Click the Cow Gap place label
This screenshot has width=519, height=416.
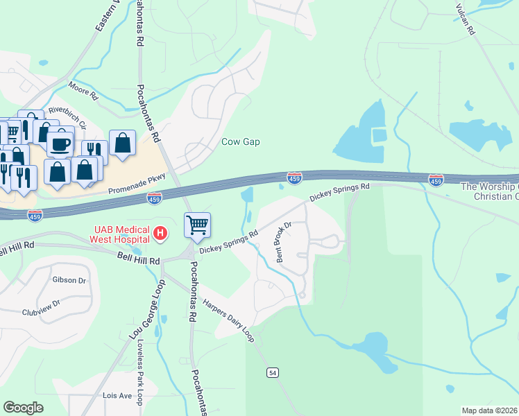(240, 142)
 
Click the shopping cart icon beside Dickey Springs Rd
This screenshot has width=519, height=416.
(198, 224)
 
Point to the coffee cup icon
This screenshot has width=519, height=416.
(60, 144)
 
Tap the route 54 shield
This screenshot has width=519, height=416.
(273, 373)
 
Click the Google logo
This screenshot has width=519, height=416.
(24, 408)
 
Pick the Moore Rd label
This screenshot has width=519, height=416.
(84, 91)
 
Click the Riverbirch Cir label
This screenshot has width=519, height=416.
(67, 117)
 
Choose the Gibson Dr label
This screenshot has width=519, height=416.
(69, 281)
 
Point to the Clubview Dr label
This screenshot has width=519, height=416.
(41, 307)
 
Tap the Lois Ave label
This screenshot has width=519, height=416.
(117, 396)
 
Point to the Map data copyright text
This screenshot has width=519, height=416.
(490, 410)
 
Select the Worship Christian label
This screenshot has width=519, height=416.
(490, 192)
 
